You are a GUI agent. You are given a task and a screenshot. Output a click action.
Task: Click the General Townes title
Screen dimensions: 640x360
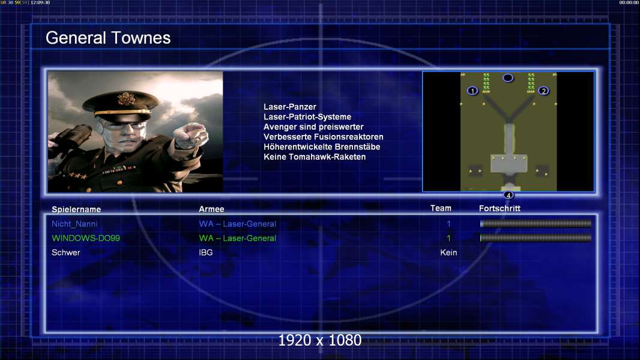point(108,38)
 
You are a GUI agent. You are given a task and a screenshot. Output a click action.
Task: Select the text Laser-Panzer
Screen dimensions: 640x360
point(290,107)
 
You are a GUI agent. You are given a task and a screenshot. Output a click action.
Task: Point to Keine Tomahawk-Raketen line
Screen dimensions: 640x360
point(315,157)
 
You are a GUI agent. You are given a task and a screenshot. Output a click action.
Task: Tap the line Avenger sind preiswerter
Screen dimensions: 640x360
point(313,127)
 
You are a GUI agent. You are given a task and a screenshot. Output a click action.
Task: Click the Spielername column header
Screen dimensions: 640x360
point(76,209)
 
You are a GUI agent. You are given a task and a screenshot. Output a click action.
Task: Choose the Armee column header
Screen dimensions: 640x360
point(211,209)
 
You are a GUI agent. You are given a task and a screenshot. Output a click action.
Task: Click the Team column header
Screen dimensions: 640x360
point(441,208)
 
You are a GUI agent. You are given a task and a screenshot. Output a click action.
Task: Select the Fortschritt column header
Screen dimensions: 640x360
point(500,208)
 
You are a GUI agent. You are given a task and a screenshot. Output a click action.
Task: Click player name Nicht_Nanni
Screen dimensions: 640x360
point(74,224)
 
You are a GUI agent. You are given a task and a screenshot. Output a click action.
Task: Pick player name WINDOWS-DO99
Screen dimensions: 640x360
point(86,238)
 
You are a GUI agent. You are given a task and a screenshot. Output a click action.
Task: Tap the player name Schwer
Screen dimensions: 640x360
point(65,253)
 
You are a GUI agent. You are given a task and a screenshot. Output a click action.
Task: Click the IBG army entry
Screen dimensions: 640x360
point(206,253)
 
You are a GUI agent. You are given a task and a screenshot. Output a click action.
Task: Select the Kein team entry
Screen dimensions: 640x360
point(448,253)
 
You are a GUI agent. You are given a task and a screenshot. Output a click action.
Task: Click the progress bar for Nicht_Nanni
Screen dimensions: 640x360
point(536,223)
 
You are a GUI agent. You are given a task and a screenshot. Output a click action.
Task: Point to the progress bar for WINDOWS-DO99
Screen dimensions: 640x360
point(536,238)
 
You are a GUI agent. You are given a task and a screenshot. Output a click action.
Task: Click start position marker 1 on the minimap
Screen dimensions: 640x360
point(472,91)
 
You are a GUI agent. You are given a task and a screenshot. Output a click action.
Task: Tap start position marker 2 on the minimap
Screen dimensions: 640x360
point(543,91)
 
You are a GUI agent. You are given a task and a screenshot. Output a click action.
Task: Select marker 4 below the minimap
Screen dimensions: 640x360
point(508,195)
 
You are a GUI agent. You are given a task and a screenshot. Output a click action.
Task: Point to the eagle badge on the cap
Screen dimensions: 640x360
point(125,98)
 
